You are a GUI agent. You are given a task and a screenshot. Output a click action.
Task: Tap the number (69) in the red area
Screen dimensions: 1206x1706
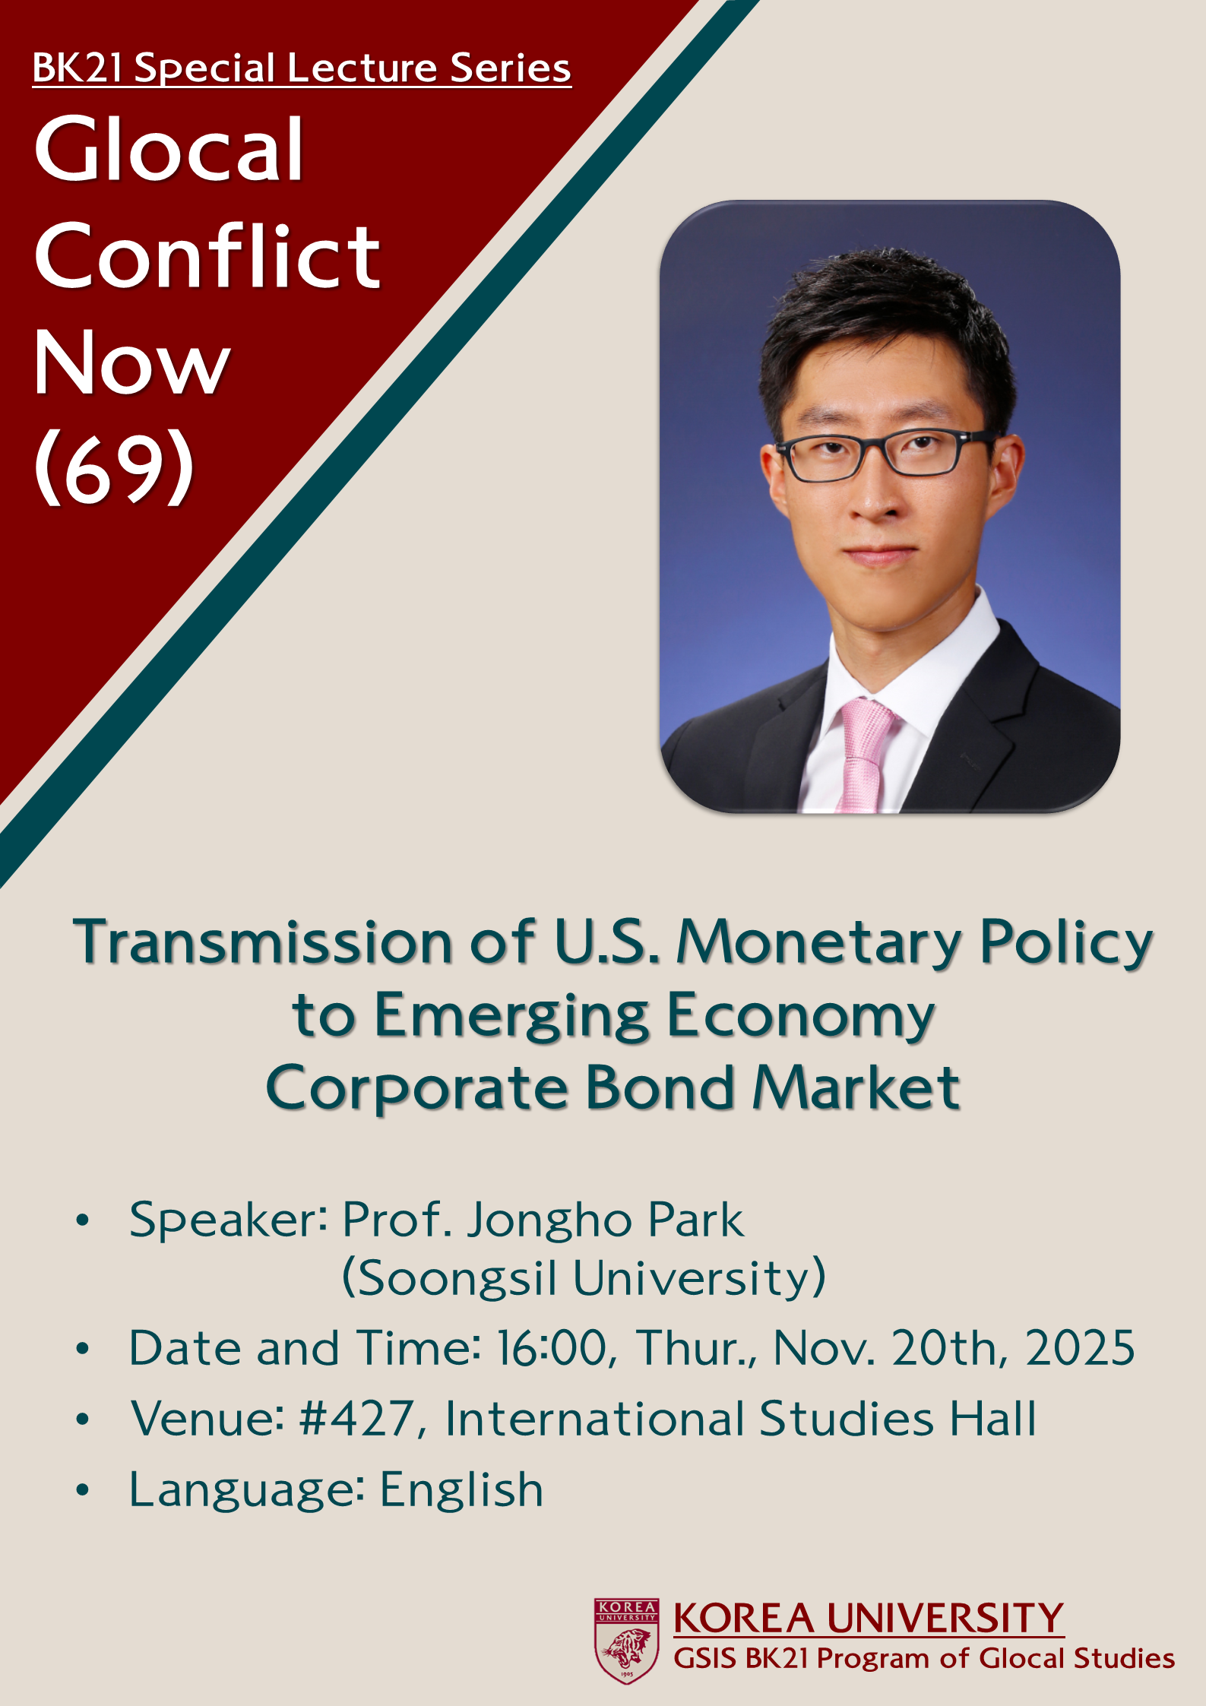point(114,466)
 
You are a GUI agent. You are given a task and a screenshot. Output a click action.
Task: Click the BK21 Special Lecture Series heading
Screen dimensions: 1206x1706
point(302,68)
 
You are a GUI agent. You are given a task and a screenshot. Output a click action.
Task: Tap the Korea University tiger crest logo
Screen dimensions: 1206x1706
point(626,1641)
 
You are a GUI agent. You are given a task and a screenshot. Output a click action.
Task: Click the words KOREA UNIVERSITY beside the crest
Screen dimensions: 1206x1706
point(869,1618)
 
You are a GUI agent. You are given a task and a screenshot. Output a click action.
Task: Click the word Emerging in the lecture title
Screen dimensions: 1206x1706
point(512,1018)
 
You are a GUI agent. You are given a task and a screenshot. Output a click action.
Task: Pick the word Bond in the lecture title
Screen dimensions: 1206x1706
point(660,1087)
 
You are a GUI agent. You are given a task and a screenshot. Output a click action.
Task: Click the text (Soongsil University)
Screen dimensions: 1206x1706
point(584,1278)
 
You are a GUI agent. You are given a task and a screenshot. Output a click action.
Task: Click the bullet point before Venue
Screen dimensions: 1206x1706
point(83,1418)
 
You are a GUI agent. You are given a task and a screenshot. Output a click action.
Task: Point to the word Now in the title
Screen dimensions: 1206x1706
point(131,362)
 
